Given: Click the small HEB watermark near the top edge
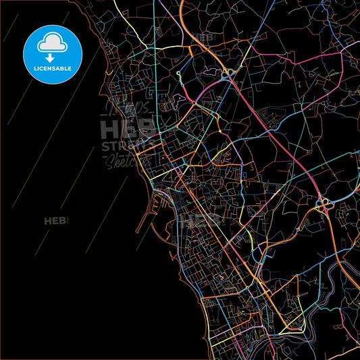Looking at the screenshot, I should (202, 38).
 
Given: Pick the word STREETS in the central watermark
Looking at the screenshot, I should (126, 147).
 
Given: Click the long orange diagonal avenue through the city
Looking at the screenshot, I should (223, 236).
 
